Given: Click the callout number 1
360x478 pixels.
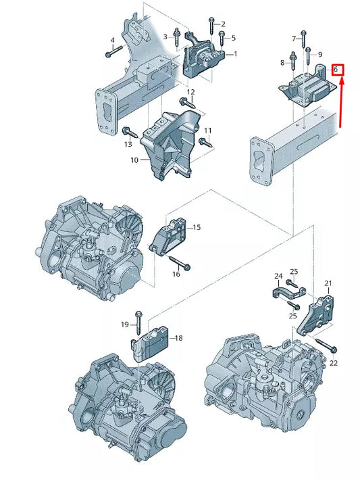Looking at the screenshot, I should click(x=235, y=53).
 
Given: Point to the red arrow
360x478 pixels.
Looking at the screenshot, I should click(x=342, y=101).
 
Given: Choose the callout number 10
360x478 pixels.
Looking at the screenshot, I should click(x=134, y=160).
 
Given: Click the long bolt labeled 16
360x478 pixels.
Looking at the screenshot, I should click(x=178, y=262).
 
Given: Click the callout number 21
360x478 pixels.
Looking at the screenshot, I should click(x=328, y=283).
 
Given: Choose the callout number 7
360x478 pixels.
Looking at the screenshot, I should click(x=293, y=39).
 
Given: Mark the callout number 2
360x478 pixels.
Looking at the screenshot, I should click(x=223, y=24).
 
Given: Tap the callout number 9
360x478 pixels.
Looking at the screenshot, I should click(x=319, y=54).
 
